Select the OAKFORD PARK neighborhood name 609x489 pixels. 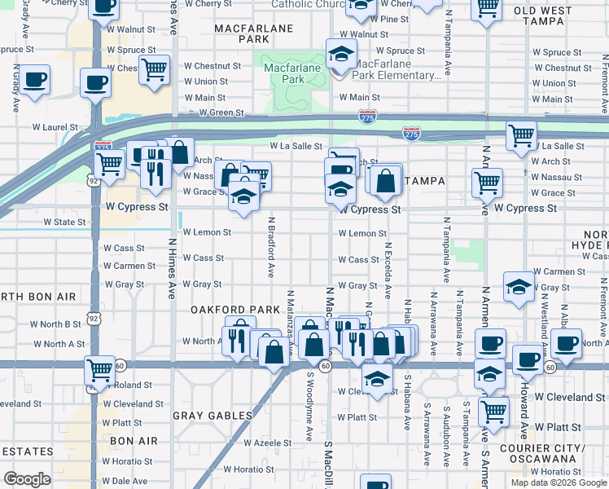[x=224, y=310]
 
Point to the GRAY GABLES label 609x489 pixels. [x=212, y=416]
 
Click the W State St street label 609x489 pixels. [x=64, y=222]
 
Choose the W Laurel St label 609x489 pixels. [x=55, y=127]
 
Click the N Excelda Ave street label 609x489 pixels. [x=388, y=270]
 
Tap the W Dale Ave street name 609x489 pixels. [x=125, y=481]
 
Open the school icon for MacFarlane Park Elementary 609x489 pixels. [x=340, y=55]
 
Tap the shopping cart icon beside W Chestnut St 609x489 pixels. [x=153, y=68]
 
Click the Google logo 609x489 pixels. [x=27, y=479]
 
